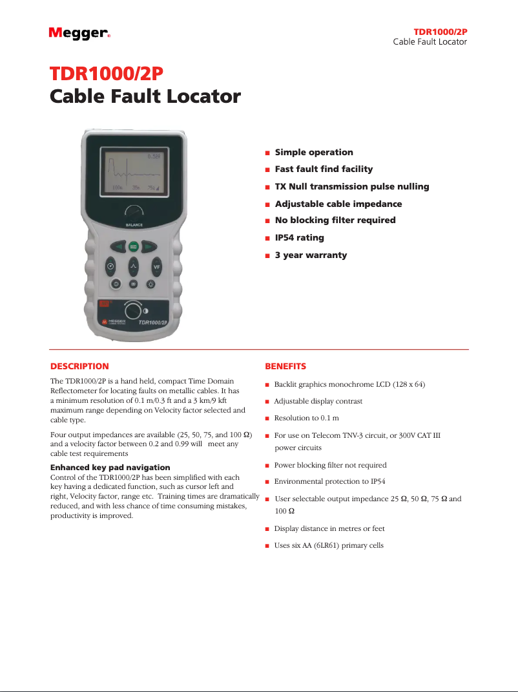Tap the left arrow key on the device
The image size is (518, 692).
coord(118,246)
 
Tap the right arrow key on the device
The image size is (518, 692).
coord(149,246)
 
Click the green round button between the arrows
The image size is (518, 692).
coord(134,246)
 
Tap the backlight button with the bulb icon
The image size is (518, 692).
coord(151,283)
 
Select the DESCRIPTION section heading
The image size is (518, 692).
coord(79,366)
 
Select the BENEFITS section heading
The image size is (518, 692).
coord(285,366)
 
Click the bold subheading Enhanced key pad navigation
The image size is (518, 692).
coord(110,467)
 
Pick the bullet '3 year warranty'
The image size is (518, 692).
coord(311,255)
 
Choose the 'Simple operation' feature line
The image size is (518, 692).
coord(314,153)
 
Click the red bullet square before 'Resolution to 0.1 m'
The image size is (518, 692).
coord(267,418)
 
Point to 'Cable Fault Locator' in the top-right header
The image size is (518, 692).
coord(430,42)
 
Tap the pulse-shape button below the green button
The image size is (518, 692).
coord(134,266)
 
